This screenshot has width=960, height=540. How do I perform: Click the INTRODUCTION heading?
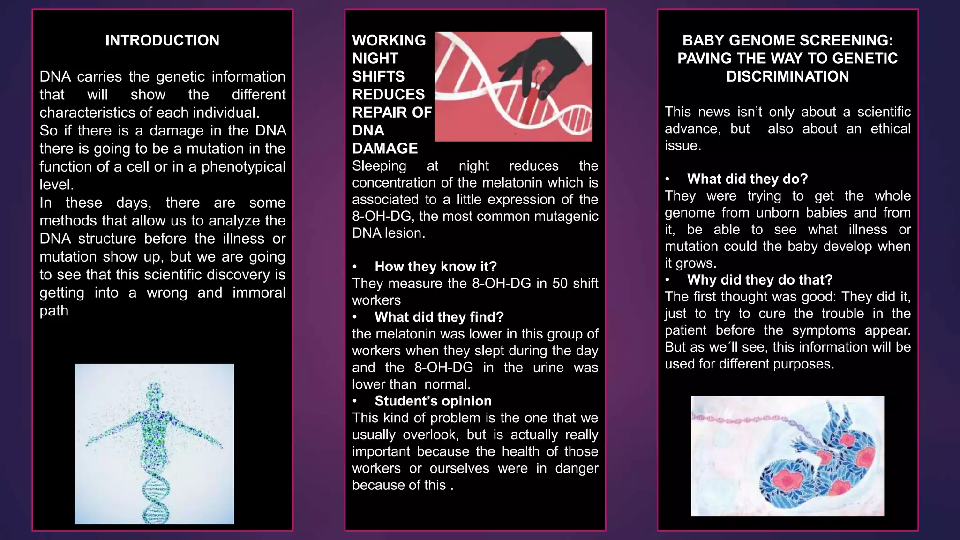[x=162, y=40]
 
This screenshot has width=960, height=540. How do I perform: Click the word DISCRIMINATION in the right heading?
[x=787, y=76]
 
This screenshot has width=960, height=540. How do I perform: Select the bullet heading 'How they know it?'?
[x=435, y=267]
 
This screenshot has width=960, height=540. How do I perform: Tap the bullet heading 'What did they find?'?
[x=439, y=317]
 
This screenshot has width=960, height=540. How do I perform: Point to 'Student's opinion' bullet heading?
[x=433, y=401]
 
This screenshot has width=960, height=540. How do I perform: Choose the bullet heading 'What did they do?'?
[x=747, y=179]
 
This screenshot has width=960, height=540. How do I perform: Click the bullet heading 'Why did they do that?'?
[x=759, y=280]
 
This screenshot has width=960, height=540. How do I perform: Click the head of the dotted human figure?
[x=154, y=390]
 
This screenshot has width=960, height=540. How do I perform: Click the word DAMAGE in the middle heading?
[x=385, y=149]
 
